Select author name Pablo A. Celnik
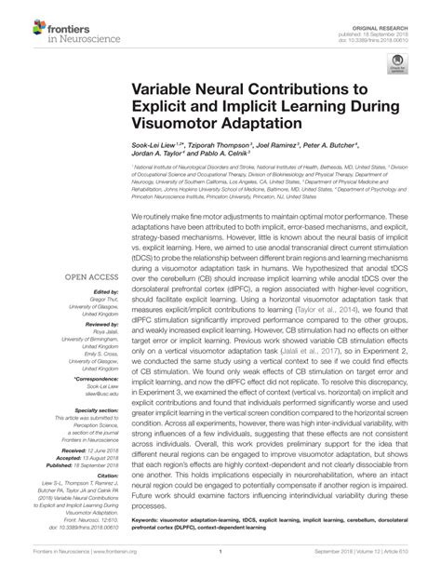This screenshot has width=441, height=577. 241,158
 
